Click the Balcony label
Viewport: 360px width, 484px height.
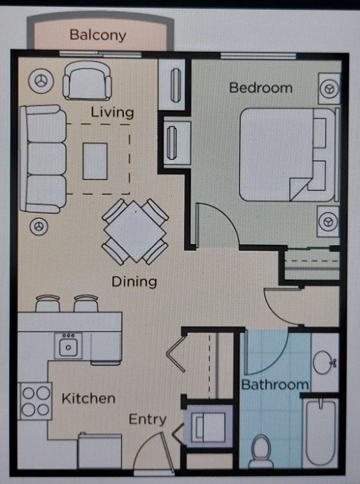pos(97,35)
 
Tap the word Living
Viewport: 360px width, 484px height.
pos(112,112)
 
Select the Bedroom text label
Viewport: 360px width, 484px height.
pos(261,88)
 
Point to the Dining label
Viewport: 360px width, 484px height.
pos(134,281)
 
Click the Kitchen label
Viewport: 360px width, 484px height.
pos(88,398)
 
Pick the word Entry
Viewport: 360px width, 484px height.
pos(147,419)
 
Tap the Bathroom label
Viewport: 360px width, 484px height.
pos(275,385)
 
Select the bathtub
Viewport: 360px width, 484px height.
pos(321,431)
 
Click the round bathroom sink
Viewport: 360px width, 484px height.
pos(324,362)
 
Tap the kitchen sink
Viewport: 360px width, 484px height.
pos(68,346)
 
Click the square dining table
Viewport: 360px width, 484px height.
pos(135,231)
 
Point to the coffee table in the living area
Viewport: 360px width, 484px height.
pos(95,161)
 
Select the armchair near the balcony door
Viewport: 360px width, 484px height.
pos(87,81)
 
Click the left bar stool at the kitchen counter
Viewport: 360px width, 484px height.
pos(48,303)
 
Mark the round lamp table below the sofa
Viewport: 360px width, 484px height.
pos(39,226)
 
